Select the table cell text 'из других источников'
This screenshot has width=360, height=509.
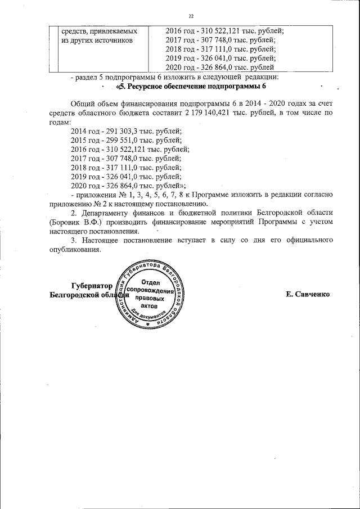(x=97, y=40)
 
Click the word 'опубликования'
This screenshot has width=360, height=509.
(x=75, y=250)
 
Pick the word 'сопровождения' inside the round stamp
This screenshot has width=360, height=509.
(x=150, y=290)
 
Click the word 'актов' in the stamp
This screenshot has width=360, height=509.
(x=150, y=307)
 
